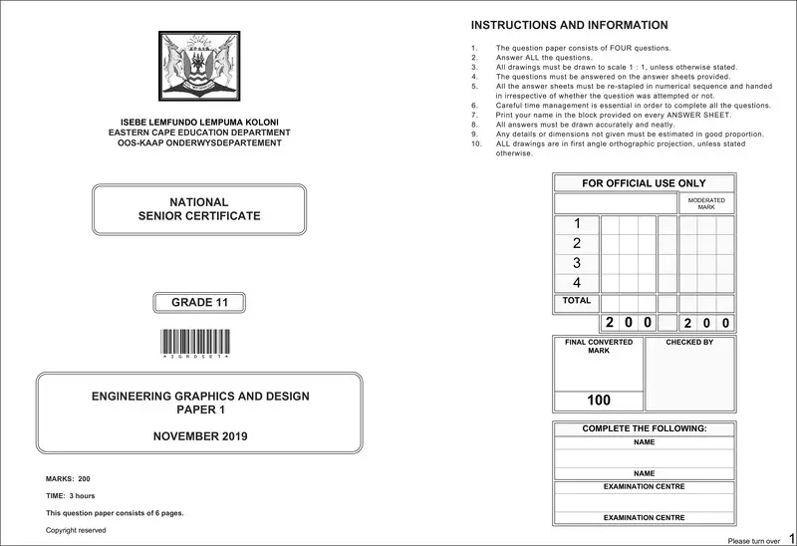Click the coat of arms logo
(x=199, y=67)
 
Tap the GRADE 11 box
(x=199, y=303)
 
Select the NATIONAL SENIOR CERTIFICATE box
(x=199, y=209)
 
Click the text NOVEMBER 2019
(x=200, y=436)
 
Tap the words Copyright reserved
(x=76, y=530)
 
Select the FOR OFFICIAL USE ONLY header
(x=644, y=183)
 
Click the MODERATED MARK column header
(x=706, y=203)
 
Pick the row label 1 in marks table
(x=577, y=224)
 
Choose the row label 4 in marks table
(x=577, y=283)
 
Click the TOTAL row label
(x=577, y=300)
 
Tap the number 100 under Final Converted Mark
(x=599, y=401)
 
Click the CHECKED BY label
(x=689, y=342)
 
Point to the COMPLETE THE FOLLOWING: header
(x=644, y=428)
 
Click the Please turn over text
(x=753, y=540)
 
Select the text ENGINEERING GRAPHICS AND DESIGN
(x=200, y=397)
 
